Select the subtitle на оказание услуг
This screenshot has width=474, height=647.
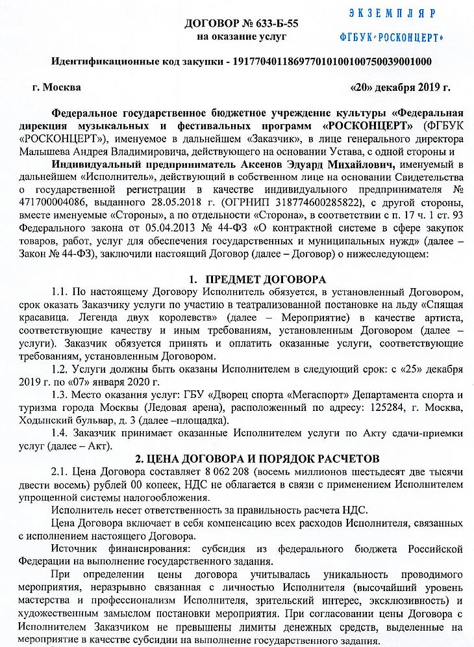(x=242, y=37)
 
